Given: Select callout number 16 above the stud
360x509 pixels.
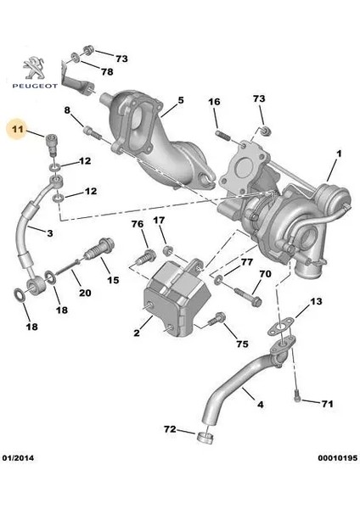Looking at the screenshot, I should (214, 103).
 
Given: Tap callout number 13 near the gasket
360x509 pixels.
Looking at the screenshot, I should (315, 302).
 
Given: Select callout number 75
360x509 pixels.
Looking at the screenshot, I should (241, 344).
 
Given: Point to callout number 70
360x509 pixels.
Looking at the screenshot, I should (264, 274).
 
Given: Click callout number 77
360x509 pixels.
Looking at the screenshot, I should (245, 262).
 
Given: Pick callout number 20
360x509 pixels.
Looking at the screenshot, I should (84, 293).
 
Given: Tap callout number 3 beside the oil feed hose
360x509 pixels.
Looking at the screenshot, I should (50, 232).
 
